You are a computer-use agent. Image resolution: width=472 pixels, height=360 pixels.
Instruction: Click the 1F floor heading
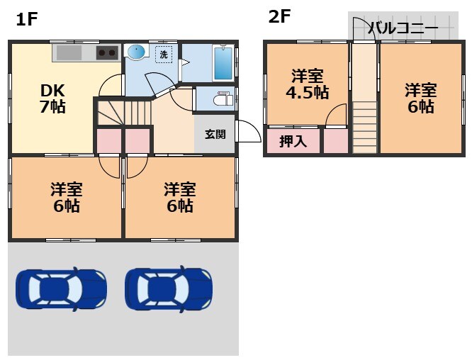tap(26, 19)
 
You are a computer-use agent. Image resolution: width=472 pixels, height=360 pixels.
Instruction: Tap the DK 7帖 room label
tap(52, 99)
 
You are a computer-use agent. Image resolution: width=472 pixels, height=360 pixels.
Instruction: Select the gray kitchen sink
tap(69, 53)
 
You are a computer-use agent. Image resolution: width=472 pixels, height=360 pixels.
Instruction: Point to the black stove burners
tap(108, 53)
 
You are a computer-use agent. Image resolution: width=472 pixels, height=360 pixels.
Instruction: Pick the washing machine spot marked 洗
tap(164, 54)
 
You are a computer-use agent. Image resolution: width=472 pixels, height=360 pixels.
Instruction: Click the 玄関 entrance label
tap(215, 134)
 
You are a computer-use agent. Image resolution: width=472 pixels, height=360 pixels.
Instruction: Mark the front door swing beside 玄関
tap(247, 131)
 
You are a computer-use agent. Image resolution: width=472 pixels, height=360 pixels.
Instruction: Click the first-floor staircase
tap(125, 113)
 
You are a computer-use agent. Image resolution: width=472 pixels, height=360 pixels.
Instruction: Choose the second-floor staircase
tap(365, 125)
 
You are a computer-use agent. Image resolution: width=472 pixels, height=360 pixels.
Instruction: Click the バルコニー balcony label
tap(403, 30)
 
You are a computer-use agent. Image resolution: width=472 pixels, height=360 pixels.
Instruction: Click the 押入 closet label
tap(293, 141)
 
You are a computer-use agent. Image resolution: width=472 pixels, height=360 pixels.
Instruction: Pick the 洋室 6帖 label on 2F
tap(420, 98)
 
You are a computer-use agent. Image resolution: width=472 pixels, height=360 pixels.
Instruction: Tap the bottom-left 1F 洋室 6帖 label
tap(66, 198)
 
